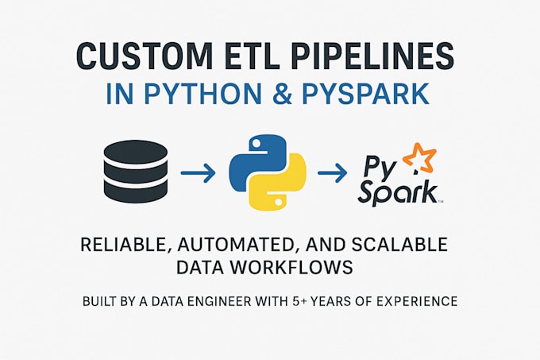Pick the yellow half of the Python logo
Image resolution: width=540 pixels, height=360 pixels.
(x=277, y=185)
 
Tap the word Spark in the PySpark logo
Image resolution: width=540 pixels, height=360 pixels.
(x=396, y=191)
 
